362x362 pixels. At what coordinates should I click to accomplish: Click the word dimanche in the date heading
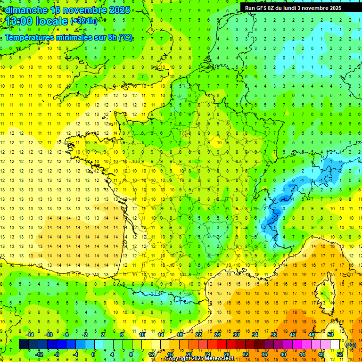coord(26,9)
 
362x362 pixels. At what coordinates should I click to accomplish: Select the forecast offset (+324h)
coord(84,21)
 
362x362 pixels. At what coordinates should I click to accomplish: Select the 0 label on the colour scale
coord(93,354)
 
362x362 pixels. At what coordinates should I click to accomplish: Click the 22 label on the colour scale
coord(198,335)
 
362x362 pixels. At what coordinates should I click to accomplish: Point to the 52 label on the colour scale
coord(340,354)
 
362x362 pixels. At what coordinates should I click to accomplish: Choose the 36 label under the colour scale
coord(264,354)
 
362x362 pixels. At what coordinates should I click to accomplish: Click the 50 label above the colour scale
coord(330,335)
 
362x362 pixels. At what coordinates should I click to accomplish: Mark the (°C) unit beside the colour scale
coord(351,345)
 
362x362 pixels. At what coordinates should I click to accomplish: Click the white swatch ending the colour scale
coord(335,345)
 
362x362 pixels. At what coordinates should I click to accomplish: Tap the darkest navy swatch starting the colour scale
coord(24,345)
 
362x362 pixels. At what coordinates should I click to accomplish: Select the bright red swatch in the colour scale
coord(222,345)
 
